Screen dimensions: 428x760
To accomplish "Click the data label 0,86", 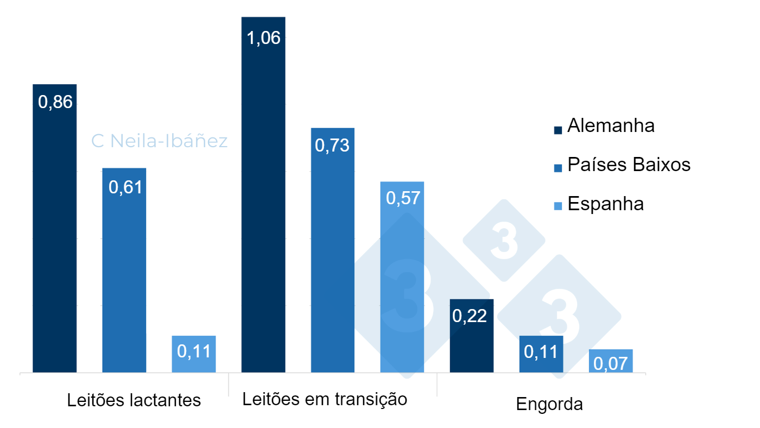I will pos(55,102).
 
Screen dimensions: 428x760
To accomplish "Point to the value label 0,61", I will pos(124,187).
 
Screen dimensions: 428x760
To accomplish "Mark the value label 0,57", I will pos(402,198).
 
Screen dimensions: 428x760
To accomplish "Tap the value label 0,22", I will pos(472,317).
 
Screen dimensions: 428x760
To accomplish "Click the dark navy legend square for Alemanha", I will pos(558,129).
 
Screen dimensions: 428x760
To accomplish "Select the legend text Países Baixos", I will pos(629,165).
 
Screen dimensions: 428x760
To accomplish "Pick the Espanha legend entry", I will pos(605,204).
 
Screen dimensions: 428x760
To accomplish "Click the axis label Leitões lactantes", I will pos(134,400).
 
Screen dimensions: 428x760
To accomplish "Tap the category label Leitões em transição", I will pos(324,399).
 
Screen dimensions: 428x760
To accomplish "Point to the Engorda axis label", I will pos(549,404).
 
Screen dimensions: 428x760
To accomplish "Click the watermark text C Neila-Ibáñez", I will pos(159,141).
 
